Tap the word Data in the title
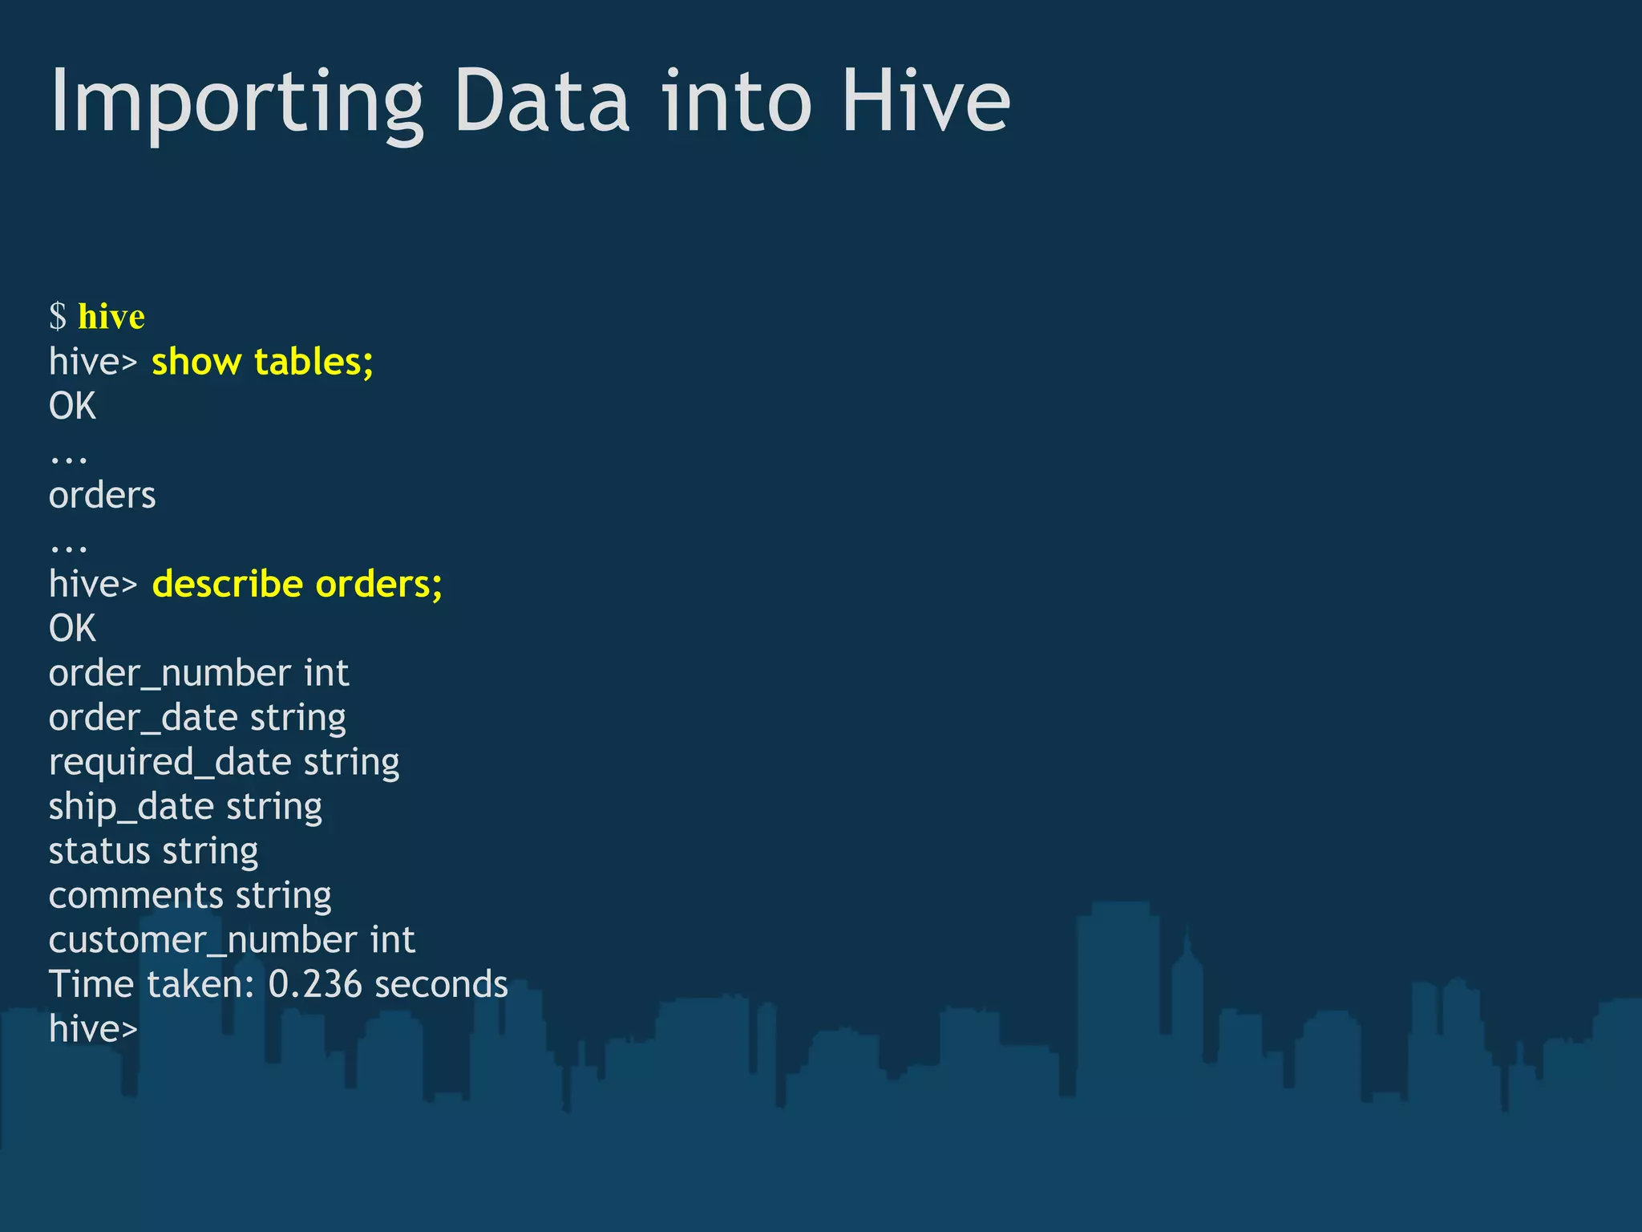[542, 103]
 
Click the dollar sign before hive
[58, 316]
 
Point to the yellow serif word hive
[111, 316]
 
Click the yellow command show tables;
[262, 362]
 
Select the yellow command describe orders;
[297, 584]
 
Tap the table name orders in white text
[102, 496]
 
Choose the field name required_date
[169, 762]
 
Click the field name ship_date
[131, 807]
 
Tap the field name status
[99, 851]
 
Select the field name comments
[135, 896]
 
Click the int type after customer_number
[392, 940]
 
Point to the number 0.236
[315, 984]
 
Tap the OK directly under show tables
[72, 407]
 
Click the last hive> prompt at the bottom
[93, 1029]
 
